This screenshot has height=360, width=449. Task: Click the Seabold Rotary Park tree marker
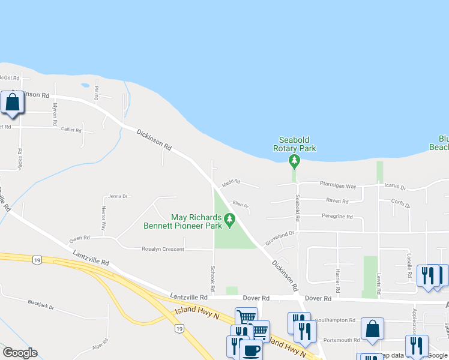tap(294, 161)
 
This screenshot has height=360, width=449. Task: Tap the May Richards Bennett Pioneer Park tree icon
tap(229, 222)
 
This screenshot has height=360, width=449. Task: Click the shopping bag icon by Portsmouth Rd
tap(372, 329)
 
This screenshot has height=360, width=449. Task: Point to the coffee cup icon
tap(250, 350)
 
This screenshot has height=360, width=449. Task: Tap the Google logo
tap(20, 353)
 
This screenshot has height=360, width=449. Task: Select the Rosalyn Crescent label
tap(163, 249)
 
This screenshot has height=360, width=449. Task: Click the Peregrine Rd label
tap(337, 216)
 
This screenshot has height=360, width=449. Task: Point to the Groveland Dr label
tap(280, 236)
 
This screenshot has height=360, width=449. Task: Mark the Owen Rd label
tap(79, 238)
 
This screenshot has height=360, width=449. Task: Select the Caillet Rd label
tap(70, 129)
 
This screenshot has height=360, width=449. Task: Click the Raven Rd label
tap(337, 201)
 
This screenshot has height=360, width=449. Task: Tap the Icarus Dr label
tap(394, 187)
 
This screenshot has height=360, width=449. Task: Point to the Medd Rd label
tap(231, 181)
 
